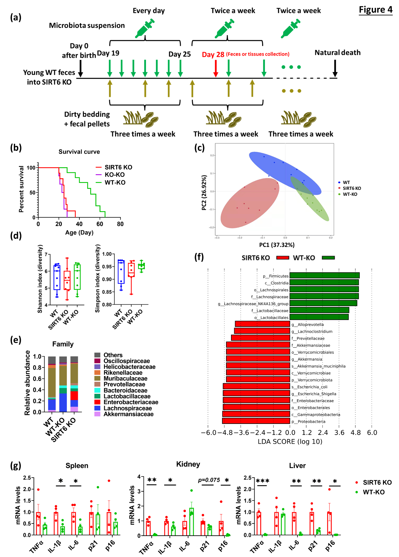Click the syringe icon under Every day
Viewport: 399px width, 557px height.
pyautogui.click(x=145, y=28)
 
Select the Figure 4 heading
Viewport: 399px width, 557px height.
pyautogui.click(x=375, y=10)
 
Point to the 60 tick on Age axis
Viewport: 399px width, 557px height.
pyautogui.click(x=100, y=224)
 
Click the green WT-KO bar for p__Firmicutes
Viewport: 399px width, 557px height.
pyautogui.click(x=324, y=276)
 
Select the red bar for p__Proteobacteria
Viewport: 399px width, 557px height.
pyautogui.click(x=256, y=421)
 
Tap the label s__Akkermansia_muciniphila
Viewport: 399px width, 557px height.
pyautogui.click(x=318, y=366)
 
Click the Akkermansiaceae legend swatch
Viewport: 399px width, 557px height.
pyautogui.click(x=97, y=414)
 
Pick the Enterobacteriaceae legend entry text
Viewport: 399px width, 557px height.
pyautogui.click(x=131, y=402)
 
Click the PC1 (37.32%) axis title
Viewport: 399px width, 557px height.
pyautogui.click(x=277, y=245)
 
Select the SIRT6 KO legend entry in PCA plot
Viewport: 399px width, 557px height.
pyautogui.click(x=352, y=188)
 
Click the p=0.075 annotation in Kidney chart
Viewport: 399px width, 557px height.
pyautogui.click(x=209, y=480)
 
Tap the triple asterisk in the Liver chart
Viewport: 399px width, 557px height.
pyautogui.click(x=262, y=481)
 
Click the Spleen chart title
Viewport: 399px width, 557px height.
pyautogui.click(x=77, y=466)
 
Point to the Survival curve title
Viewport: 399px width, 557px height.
pyautogui.click(x=79, y=152)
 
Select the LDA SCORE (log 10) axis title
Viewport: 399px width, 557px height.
pyautogui.click(x=290, y=442)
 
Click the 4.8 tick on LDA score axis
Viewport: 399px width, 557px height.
pyautogui.click(x=355, y=433)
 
